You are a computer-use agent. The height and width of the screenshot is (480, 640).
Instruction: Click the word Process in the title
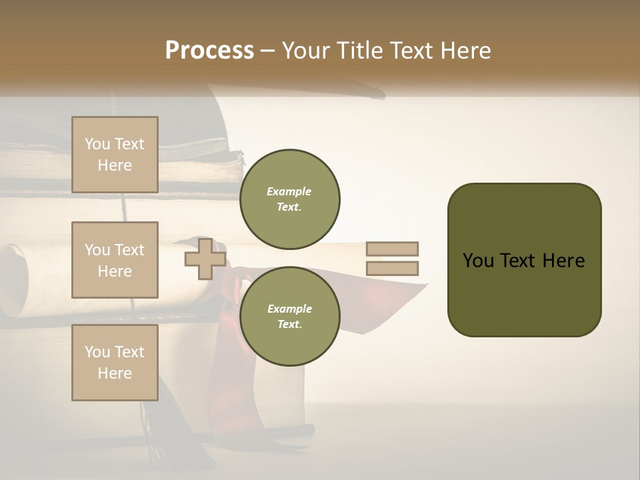tap(209, 51)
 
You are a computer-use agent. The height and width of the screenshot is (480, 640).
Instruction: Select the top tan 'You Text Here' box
tap(115, 155)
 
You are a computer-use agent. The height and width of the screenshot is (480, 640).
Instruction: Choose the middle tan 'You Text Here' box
tap(115, 260)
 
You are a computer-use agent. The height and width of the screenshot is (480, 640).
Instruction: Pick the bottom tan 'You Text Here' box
tap(115, 363)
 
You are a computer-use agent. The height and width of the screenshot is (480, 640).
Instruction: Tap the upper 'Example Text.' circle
tap(289, 199)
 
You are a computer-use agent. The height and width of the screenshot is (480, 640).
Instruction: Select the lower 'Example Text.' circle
tap(289, 316)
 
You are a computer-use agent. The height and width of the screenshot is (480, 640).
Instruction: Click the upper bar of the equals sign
tap(392, 249)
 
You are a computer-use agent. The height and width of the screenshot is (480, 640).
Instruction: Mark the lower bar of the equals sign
tap(392, 269)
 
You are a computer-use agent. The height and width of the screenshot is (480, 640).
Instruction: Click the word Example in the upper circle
tap(289, 192)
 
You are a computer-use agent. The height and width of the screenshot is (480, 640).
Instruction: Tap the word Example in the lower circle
tap(289, 309)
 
